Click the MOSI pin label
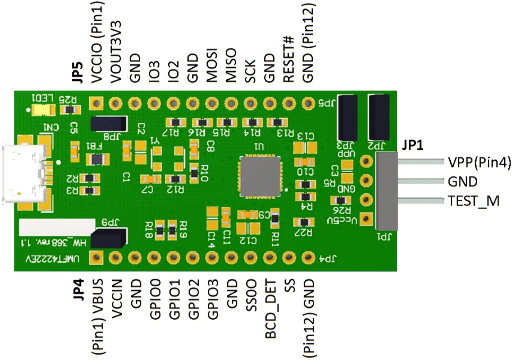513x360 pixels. pyautogui.click(x=213, y=62)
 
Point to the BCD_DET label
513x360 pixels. pyautogui.click(x=270, y=308)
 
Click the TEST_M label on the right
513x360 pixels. pyautogui.click(x=473, y=201)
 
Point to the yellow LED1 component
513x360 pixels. pyautogui.click(x=43, y=110)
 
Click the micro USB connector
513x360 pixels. pyautogui.click(x=25, y=174)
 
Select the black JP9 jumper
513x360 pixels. pyautogui.click(x=108, y=238)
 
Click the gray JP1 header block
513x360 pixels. pyautogui.click(x=387, y=191)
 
